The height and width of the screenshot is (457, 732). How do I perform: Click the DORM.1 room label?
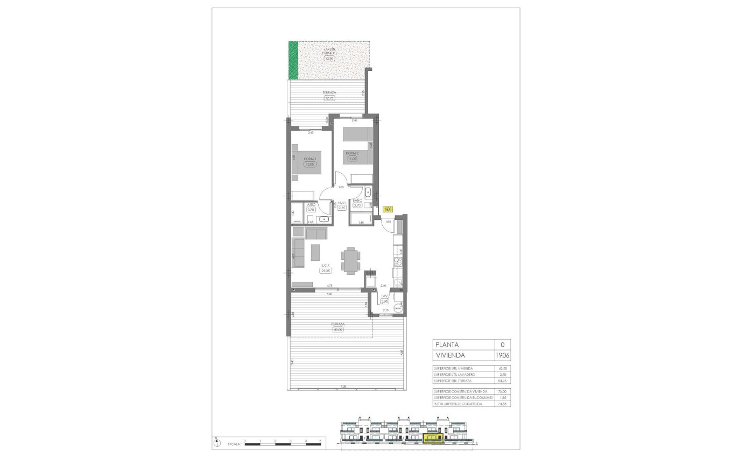(309, 159)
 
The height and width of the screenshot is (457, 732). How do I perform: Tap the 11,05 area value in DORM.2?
(353, 159)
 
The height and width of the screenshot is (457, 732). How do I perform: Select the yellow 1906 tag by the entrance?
(388, 210)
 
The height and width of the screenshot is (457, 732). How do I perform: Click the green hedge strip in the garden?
(293, 60)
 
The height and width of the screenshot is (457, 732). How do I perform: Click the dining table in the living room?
(350, 261)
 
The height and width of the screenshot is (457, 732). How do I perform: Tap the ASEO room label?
(311, 205)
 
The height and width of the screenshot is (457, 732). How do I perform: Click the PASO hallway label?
(342, 203)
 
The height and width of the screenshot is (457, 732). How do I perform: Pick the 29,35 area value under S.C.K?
(325, 271)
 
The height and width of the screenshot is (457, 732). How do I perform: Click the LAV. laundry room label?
(385, 296)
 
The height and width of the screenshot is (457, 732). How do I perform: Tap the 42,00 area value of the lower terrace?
(338, 330)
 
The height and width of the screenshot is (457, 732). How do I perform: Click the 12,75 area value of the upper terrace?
(329, 98)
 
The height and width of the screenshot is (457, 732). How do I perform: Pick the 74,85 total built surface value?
(504, 403)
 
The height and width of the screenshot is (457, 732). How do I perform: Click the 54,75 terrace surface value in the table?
(504, 380)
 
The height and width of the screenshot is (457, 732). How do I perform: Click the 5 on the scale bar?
(320, 441)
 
